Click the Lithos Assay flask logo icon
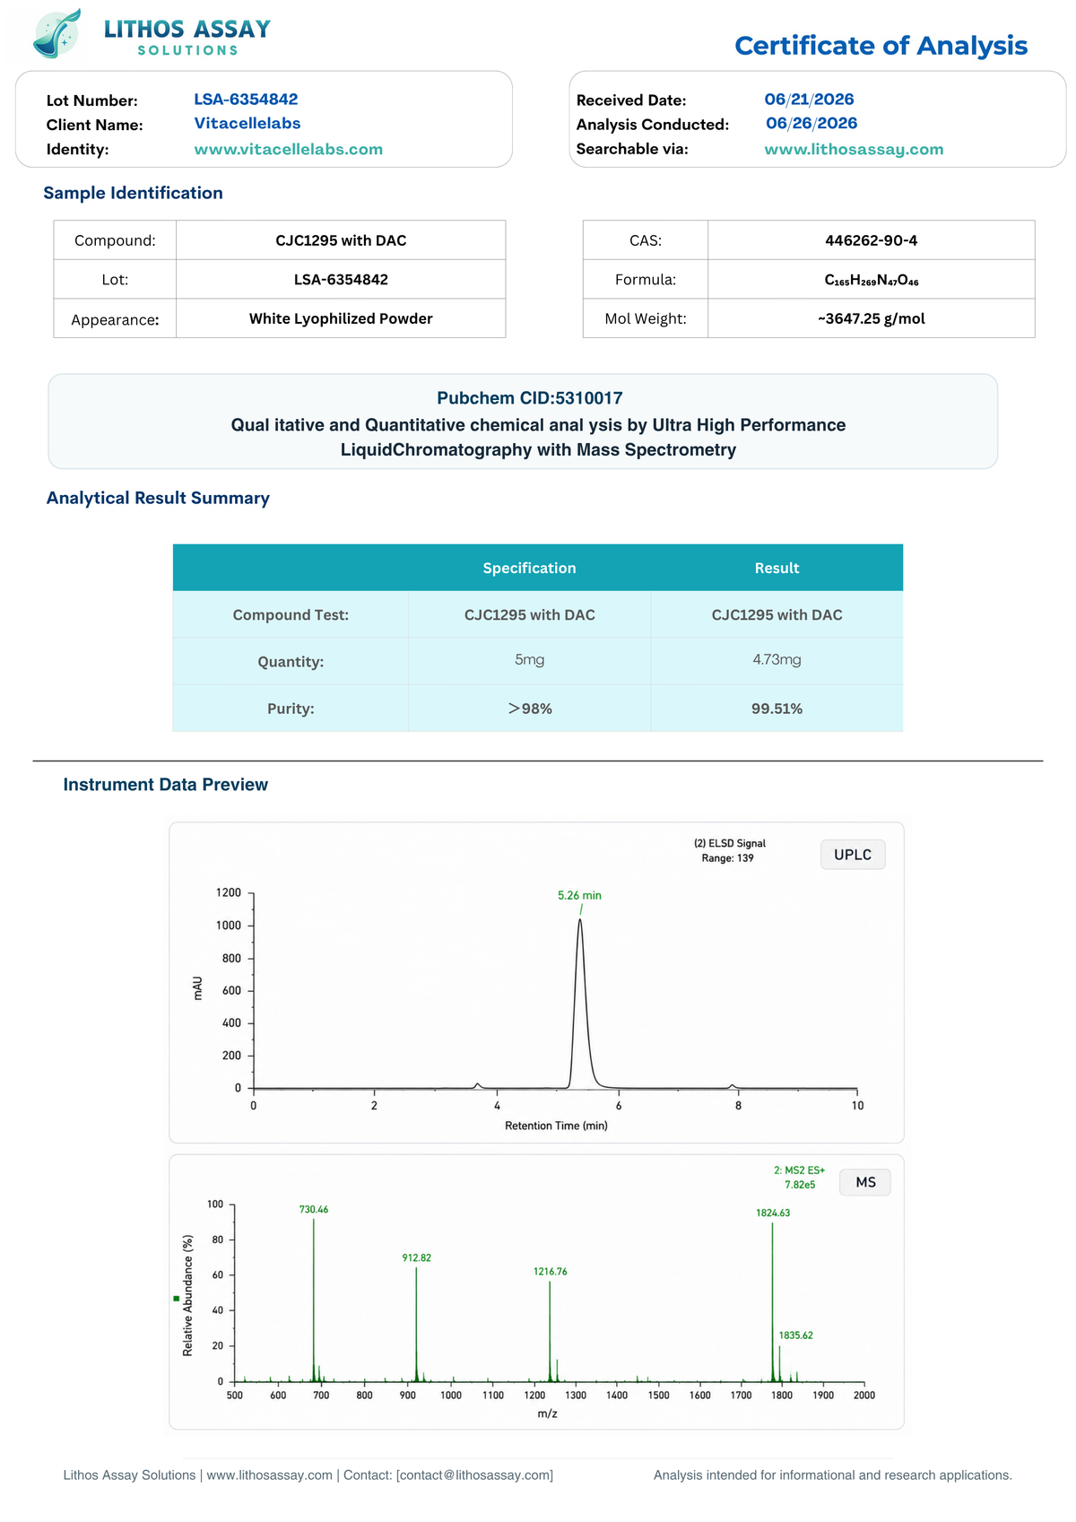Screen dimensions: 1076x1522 (57, 33)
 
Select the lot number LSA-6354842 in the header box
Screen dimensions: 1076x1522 (246, 100)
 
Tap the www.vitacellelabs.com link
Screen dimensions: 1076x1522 (288, 149)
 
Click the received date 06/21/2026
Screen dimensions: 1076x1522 (809, 100)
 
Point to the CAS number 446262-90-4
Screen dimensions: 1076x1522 (871, 240)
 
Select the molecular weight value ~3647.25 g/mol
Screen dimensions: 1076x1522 (871, 318)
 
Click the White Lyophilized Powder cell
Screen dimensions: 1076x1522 (341, 318)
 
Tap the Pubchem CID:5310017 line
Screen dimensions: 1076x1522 (529, 397)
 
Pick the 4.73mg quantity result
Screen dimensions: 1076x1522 (777, 659)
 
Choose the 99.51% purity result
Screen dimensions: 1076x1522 (777, 708)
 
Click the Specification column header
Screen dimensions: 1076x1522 (529, 568)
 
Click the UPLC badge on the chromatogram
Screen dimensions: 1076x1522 (853, 854)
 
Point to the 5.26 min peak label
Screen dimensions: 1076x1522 (579, 895)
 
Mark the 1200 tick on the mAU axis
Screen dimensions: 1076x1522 (229, 892)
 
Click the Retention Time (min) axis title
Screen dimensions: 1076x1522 (556, 1126)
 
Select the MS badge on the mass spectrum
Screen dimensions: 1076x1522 (864, 1181)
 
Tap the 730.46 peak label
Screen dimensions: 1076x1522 (314, 1209)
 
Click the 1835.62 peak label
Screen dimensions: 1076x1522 (795, 1335)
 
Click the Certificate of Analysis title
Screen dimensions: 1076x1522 (881, 46)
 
